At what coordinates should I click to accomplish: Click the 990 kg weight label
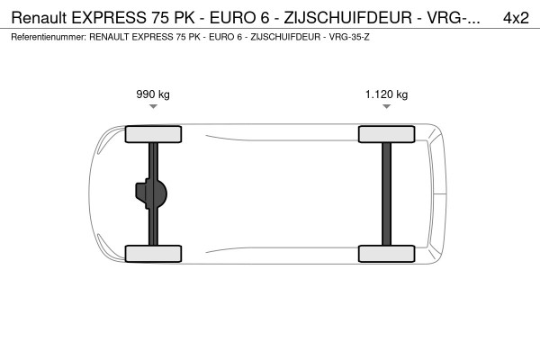pos(153,94)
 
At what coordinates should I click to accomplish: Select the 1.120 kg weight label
pos(386,94)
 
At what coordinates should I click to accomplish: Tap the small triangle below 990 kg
pos(153,107)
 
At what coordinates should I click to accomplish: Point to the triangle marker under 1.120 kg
pos(386,107)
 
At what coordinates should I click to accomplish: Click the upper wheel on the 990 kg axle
pos(154,135)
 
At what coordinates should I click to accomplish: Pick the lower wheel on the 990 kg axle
pos(154,253)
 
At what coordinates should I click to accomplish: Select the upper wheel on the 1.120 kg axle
pos(387,135)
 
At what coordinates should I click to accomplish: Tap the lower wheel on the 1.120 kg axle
pos(387,253)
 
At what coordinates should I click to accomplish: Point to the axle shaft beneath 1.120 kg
pos(387,193)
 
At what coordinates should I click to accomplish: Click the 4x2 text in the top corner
pos(515,17)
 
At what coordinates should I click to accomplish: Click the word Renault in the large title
pos(39,17)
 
